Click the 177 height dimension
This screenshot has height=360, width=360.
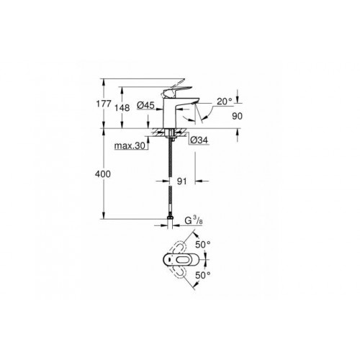[x=104, y=104]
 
